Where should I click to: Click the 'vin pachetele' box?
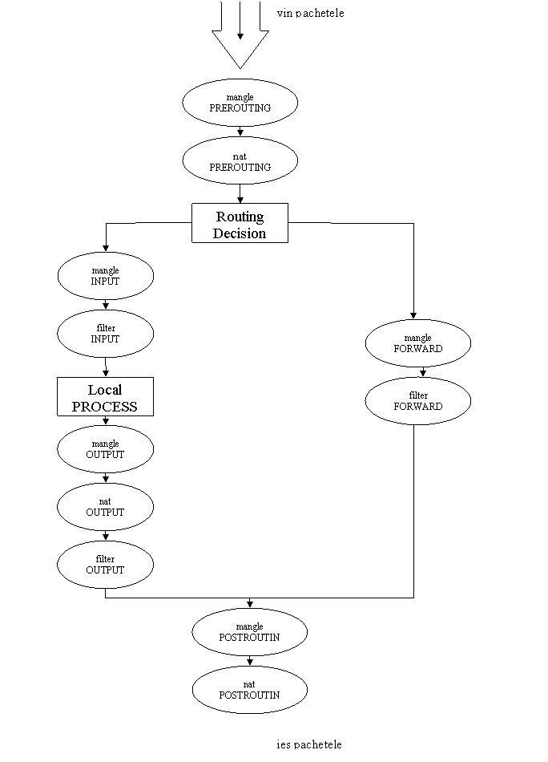(x=316, y=11)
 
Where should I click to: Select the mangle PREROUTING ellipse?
(x=240, y=103)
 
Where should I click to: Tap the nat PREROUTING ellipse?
(x=240, y=161)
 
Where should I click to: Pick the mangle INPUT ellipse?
(x=105, y=276)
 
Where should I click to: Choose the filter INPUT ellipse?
(x=105, y=334)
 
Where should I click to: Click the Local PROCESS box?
(x=105, y=397)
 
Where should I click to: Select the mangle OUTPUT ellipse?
(x=105, y=449)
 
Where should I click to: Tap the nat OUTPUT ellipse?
(x=105, y=507)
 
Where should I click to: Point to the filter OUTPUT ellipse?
(x=105, y=565)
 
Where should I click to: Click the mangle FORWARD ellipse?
(x=417, y=343)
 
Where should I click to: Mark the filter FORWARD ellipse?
(x=417, y=401)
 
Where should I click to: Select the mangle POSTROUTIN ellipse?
(x=249, y=632)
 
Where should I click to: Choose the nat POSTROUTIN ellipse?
(x=249, y=690)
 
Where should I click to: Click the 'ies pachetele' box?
(x=321, y=743)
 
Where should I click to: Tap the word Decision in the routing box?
(x=240, y=233)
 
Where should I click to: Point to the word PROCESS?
(x=105, y=407)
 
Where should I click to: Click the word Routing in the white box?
(x=240, y=217)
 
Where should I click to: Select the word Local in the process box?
(x=105, y=390)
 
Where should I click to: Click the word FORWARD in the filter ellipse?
(x=417, y=407)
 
